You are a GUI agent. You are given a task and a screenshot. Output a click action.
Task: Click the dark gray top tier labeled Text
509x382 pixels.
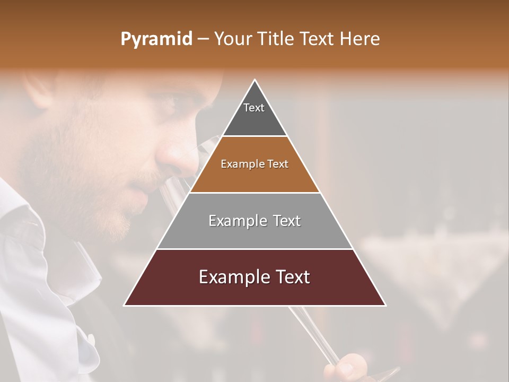(x=254, y=114)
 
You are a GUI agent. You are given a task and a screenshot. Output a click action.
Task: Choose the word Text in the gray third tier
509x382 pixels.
(x=286, y=221)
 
